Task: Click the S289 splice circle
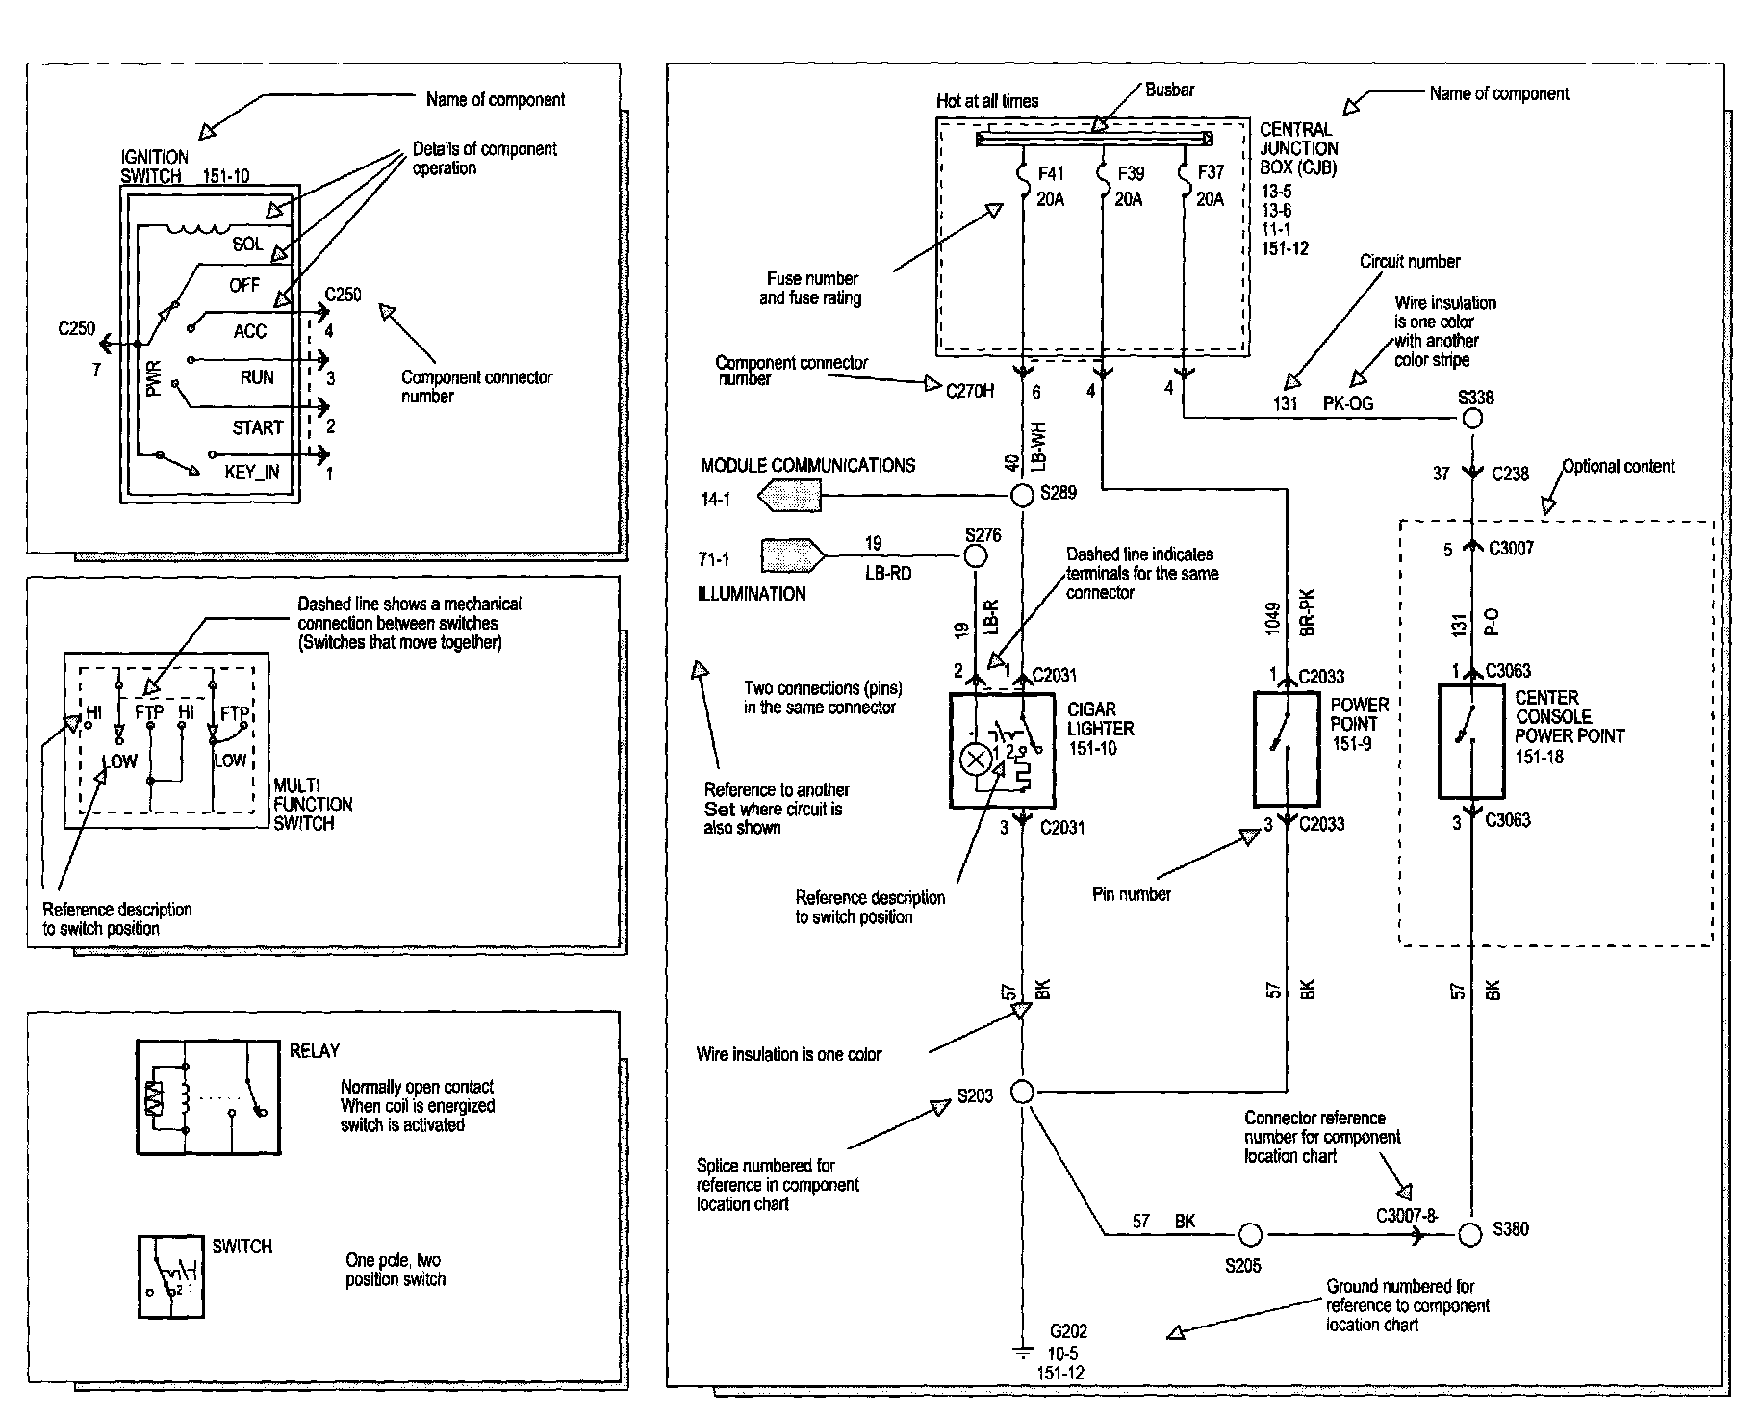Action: tap(1022, 496)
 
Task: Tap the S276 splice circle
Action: tap(976, 555)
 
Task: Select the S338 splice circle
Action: tap(1471, 419)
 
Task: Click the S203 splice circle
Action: tap(1023, 1093)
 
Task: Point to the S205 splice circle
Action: tap(1249, 1234)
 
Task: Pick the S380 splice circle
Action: tap(1470, 1234)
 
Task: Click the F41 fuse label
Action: tap(1051, 173)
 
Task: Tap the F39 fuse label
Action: tap(1131, 173)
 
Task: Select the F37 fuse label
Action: tap(1211, 172)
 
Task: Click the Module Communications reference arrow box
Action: tap(789, 497)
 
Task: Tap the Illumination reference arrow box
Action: tap(793, 556)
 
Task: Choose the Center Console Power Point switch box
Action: tap(1471, 741)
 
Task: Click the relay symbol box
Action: tap(209, 1096)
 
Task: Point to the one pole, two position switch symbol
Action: tap(170, 1276)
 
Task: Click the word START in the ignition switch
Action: tap(258, 427)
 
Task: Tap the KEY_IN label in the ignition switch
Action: tap(252, 472)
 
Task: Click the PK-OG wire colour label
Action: tap(1348, 403)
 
